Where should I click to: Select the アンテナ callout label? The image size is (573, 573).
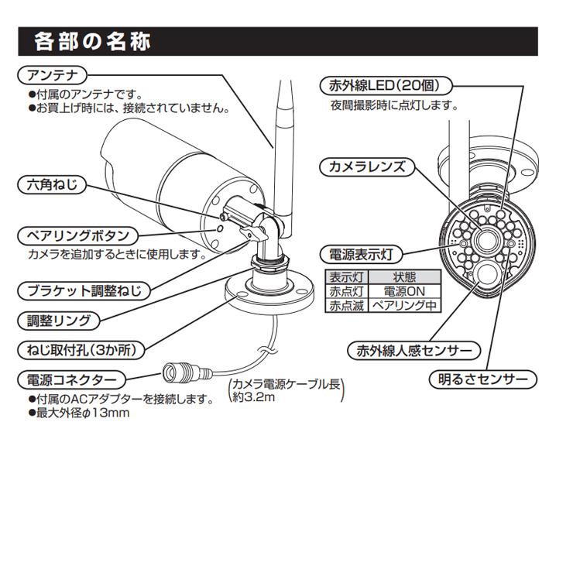tap(50, 75)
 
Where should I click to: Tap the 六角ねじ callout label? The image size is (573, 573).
tap(51, 185)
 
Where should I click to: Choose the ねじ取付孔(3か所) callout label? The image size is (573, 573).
tap(81, 350)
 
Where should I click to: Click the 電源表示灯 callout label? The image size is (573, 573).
tap(361, 254)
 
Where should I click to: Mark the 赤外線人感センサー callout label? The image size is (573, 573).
tap(414, 351)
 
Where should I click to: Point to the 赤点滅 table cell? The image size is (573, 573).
tap(345, 305)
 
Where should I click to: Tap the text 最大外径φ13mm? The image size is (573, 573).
tap(83, 413)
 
